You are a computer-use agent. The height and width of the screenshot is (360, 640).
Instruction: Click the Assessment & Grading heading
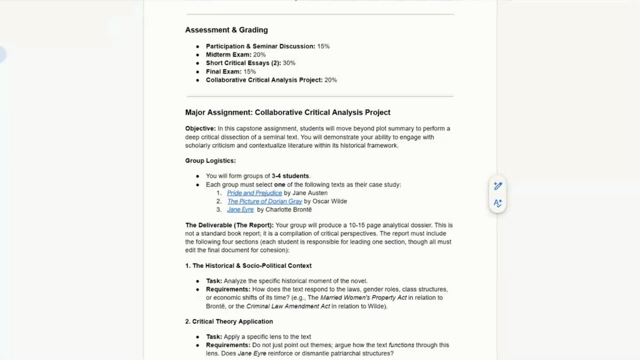[226, 30]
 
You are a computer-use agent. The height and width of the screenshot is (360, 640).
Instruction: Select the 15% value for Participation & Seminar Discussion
[323, 46]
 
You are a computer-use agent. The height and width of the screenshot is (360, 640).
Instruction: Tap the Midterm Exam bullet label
[228, 55]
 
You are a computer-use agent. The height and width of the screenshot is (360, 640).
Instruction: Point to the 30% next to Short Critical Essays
[289, 63]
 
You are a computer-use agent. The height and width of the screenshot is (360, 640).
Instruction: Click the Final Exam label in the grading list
[223, 72]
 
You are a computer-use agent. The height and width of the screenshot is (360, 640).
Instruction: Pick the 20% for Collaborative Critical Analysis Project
[331, 80]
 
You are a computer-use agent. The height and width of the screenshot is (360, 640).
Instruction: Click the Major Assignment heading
[287, 112]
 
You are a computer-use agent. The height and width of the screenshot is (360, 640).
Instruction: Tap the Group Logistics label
[210, 161]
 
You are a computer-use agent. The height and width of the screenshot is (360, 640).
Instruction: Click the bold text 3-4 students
[290, 176]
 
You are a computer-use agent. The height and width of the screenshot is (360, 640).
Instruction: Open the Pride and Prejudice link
[254, 193]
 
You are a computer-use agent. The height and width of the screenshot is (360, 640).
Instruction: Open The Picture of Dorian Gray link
[265, 201]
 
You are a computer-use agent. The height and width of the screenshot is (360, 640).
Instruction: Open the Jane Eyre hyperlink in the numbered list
[240, 210]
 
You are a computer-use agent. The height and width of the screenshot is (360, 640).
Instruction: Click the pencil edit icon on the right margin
[498, 186]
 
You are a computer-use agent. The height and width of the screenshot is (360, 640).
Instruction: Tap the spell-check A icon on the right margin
[498, 203]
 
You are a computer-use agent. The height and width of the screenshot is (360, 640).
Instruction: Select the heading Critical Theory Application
[232, 322]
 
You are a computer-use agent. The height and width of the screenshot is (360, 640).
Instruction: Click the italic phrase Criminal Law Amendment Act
[288, 306]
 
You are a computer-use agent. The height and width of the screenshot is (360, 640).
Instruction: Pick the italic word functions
[401, 345]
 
